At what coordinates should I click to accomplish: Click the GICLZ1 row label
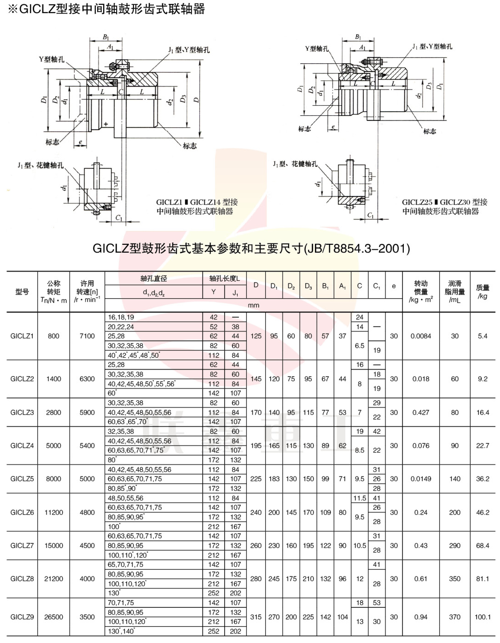[x=22, y=336]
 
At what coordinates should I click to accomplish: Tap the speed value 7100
[x=87, y=336]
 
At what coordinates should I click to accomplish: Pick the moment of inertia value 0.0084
[x=421, y=336]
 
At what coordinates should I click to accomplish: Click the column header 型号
[x=22, y=292]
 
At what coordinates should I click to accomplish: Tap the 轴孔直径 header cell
[x=154, y=278]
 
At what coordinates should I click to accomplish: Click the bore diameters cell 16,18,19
[x=121, y=317]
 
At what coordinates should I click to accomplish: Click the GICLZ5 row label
[x=22, y=479]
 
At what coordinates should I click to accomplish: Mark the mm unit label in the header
[x=253, y=305]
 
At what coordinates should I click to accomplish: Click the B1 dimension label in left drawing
[x=106, y=37]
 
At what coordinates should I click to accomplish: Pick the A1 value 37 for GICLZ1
[x=342, y=336]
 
